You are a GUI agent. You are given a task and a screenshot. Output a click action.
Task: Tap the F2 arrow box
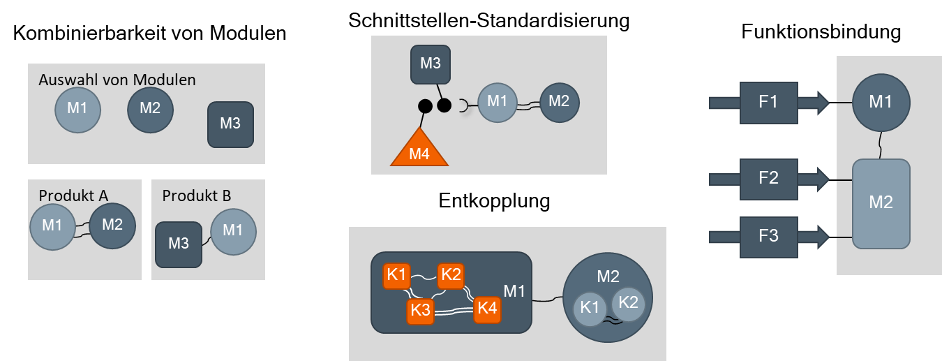tap(768, 179)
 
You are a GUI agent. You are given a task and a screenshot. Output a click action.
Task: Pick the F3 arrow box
tap(768, 236)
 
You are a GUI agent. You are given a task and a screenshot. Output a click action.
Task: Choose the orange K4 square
tap(486, 308)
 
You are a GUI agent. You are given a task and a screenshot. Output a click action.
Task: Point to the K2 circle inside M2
tap(628, 302)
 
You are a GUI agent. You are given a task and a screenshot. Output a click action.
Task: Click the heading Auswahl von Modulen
tap(117, 80)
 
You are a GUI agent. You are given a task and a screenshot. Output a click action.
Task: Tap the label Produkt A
tap(73, 196)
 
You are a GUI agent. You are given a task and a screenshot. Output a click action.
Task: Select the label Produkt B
tap(197, 196)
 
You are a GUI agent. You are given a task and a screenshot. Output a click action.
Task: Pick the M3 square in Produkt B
tap(179, 244)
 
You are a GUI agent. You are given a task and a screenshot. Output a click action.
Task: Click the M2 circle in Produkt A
tap(112, 226)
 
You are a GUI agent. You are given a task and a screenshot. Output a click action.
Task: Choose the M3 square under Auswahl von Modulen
tap(230, 124)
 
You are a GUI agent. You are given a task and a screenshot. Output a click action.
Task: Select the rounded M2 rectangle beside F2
tap(881, 203)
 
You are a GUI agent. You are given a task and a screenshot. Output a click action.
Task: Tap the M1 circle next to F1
tap(880, 102)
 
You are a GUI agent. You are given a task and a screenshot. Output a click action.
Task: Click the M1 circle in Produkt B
tap(233, 230)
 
